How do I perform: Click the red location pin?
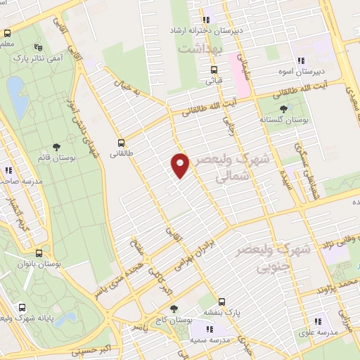point(180,165)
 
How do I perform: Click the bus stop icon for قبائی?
point(214,70)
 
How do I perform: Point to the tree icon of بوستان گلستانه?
point(283,108)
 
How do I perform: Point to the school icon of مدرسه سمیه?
point(209,328)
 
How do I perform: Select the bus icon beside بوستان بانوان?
point(39,252)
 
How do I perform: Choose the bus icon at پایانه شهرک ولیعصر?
point(22,307)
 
